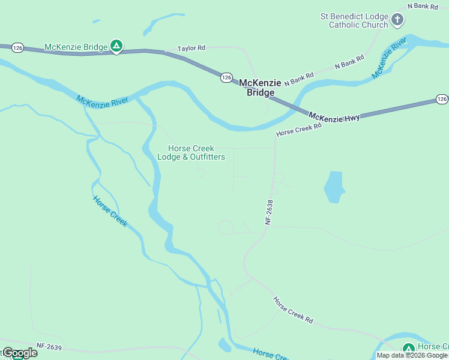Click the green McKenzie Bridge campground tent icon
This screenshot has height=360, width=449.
pyautogui.click(x=117, y=46)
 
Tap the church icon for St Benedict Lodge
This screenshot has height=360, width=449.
pyautogui.click(x=397, y=20)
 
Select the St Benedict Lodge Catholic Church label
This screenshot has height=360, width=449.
pyautogui.click(x=354, y=20)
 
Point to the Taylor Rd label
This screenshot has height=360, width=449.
pyautogui.click(x=191, y=48)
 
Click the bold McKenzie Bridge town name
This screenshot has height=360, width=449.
pyautogui.click(x=261, y=88)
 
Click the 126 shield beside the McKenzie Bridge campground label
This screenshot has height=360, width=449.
pyautogui.click(x=17, y=47)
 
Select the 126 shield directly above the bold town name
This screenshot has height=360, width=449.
pyautogui.click(x=226, y=77)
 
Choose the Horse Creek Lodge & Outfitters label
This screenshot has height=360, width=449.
pyautogui.click(x=191, y=153)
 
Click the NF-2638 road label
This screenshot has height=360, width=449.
pyautogui.click(x=269, y=212)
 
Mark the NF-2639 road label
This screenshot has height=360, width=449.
pyautogui.click(x=49, y=346)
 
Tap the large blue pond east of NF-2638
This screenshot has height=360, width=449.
pyautogui.click(x=334, y=187)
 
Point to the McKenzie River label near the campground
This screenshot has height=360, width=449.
pyautogui.click(x=102, y=100)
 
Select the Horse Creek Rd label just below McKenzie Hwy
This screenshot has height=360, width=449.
pyautogui.click(x=299, y=129)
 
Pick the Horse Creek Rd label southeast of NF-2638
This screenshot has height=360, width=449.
pyautogui.click(x=293, y=310)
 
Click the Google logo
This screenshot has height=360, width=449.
pyautogui.click(x=20, y=353)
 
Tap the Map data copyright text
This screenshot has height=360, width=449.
pyautogui.click(x=412, y=355)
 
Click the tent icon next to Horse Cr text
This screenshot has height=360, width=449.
pyautogui.click(x=409, y=349)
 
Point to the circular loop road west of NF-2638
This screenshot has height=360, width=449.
pyautogui.click(x=226, y=227)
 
